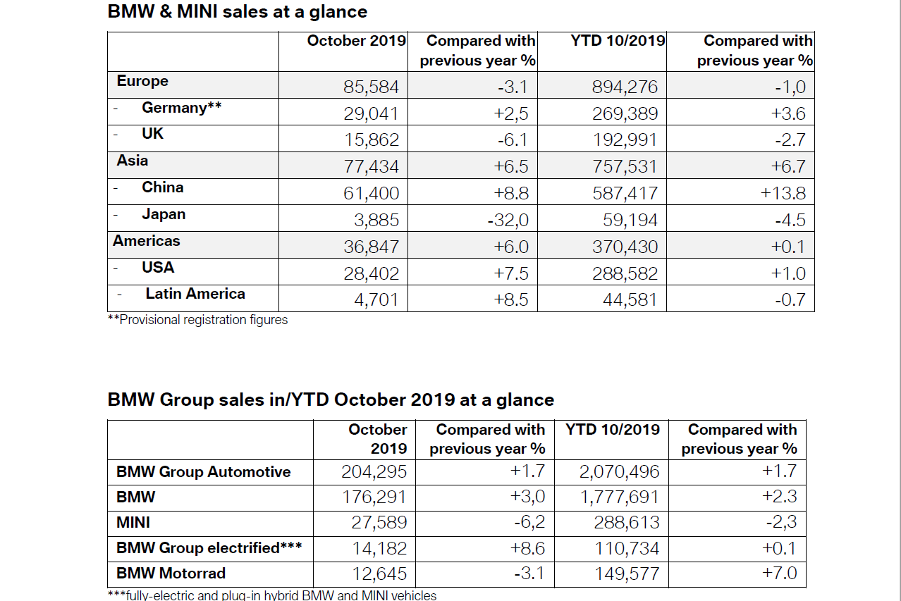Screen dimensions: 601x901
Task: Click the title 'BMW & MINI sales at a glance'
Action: (237, 12)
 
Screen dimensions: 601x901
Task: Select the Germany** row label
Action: (181, 108)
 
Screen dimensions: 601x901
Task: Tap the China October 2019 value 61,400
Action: (371, 193)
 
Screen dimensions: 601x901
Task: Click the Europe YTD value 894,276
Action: (625, 87)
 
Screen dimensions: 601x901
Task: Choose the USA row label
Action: (158, 268)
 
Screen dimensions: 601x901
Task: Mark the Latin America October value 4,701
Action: (376, 299)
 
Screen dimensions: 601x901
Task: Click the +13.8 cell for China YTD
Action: (783, 193)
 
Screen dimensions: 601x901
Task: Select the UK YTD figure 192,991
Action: (625, 140)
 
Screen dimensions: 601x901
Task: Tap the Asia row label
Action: (133, 161)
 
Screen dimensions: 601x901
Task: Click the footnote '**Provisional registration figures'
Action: (197, 320)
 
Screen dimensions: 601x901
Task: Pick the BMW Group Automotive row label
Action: (203, 472)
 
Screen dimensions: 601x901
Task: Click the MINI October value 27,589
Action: (379, 523)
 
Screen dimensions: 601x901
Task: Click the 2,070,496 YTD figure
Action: (619, 472)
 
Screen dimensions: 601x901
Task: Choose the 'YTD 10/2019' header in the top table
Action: (618, 41)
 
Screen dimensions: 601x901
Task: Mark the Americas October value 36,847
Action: (371, 247)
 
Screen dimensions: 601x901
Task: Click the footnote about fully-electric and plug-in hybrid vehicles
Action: (272, 595)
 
